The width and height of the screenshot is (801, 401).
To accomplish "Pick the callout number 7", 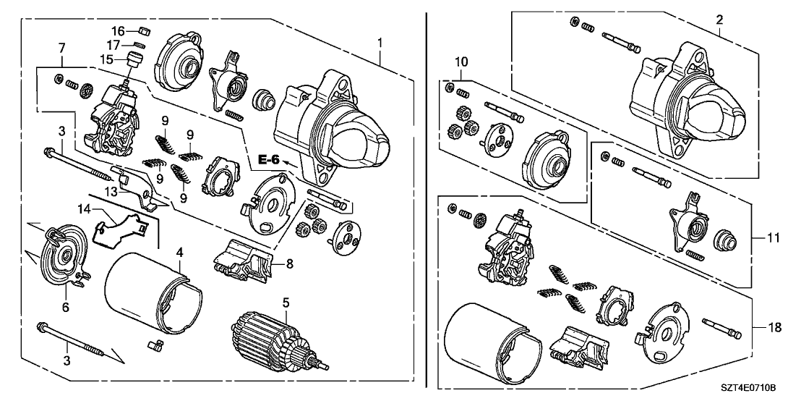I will [62, 47].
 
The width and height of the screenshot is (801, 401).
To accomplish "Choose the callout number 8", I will [288, 265].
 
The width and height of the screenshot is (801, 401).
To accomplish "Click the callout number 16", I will [116, 30].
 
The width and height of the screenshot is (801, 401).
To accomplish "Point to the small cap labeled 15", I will [134, 59].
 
